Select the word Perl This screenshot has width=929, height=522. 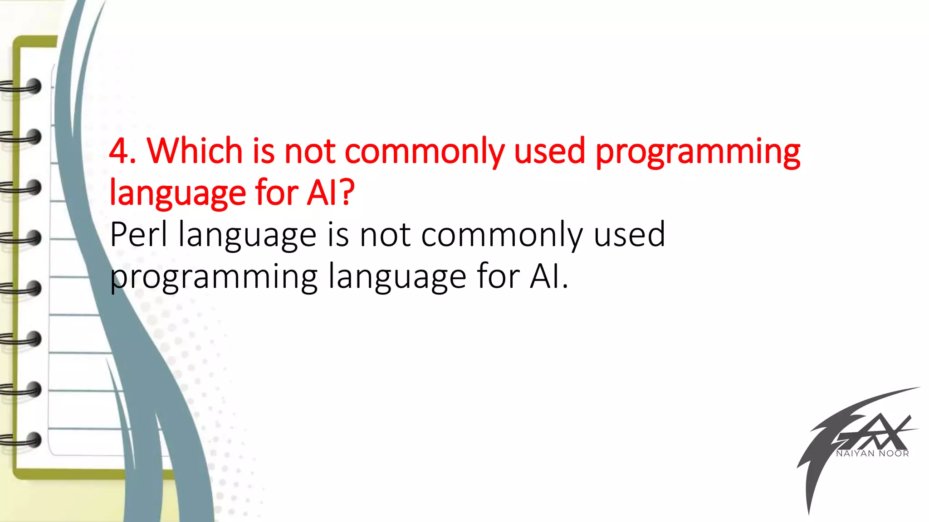139,235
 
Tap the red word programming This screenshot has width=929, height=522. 698,153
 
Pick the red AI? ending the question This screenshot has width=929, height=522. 330,193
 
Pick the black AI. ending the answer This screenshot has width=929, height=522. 548,276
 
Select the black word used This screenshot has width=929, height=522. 629,235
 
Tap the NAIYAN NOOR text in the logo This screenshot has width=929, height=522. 872,454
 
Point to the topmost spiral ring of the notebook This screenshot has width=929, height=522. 23,87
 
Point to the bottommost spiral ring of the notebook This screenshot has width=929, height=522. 23,440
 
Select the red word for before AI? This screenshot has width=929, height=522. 276,193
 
